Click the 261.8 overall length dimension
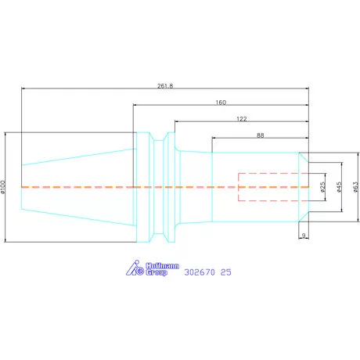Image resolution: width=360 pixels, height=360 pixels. point(165,86)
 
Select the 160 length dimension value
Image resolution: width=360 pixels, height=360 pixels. point(221,103)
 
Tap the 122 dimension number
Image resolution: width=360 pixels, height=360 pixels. point(242,119)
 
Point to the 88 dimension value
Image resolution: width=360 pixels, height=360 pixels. point(261,135)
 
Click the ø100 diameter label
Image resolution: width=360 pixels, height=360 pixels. point(3,187)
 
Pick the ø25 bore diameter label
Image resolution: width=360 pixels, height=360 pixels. point(322,187)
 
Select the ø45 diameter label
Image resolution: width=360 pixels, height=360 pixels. point(339,187)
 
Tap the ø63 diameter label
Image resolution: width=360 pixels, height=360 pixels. point(356,187)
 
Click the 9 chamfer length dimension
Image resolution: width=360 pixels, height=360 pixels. point(304,236)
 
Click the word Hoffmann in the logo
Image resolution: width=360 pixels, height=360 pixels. point(162,266)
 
